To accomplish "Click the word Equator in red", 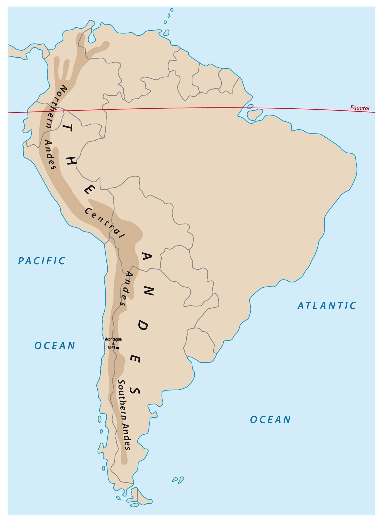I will tap(360, 108).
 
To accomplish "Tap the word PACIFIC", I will tap(42, 261).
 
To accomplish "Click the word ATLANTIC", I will tap(327, 306).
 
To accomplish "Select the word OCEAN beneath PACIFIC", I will tap(55, 346).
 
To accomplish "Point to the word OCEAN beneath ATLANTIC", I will tap(270, 419).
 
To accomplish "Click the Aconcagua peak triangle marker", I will tap(113, 343).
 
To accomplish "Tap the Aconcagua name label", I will tap(113, 339).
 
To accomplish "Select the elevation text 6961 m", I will tap(113, 348).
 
